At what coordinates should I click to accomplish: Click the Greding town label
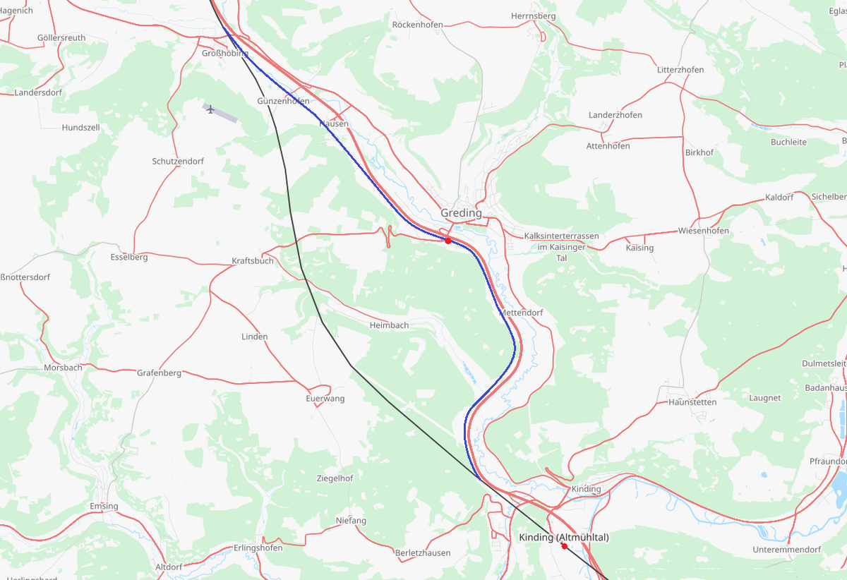pyautogui.click(x=461, y=213)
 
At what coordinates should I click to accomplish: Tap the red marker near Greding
pyautogui.click(x=448, y=241)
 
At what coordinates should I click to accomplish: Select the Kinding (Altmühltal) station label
pyautogui.click(x=563, y=538)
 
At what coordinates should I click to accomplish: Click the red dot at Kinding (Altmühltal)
pyautogui.click(x=564, y=545)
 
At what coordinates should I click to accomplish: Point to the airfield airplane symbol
pyautogui.click(x=210, y=109)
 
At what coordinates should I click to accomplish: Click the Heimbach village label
pyautogui.click(x=389, y=325)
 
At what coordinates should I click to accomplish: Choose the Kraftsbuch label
pyautogui.click(x=253, y=261)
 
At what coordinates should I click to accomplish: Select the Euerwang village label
pyautogui.click(x=325, y=399)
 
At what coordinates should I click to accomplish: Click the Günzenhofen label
pyautogui.click(x=283, y=102)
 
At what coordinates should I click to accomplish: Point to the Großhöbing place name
pyautogui.click(x=225, y=54)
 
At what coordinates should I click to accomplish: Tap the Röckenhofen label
pyautogui.click(x=418, y=25)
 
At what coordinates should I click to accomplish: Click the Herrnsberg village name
pyautogui.click(x=533, y=16)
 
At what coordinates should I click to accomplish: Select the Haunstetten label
pyautogui.click(x=692, y=402)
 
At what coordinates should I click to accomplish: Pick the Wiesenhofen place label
pyautogui.click(x=704, y=231)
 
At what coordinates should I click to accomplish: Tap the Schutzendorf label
pyautogui.click(x=178, y=161)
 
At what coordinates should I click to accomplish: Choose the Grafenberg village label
pyautogui.click(x=159, y=373)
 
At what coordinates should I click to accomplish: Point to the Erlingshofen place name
pyautogui.click(x=258, y=548)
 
